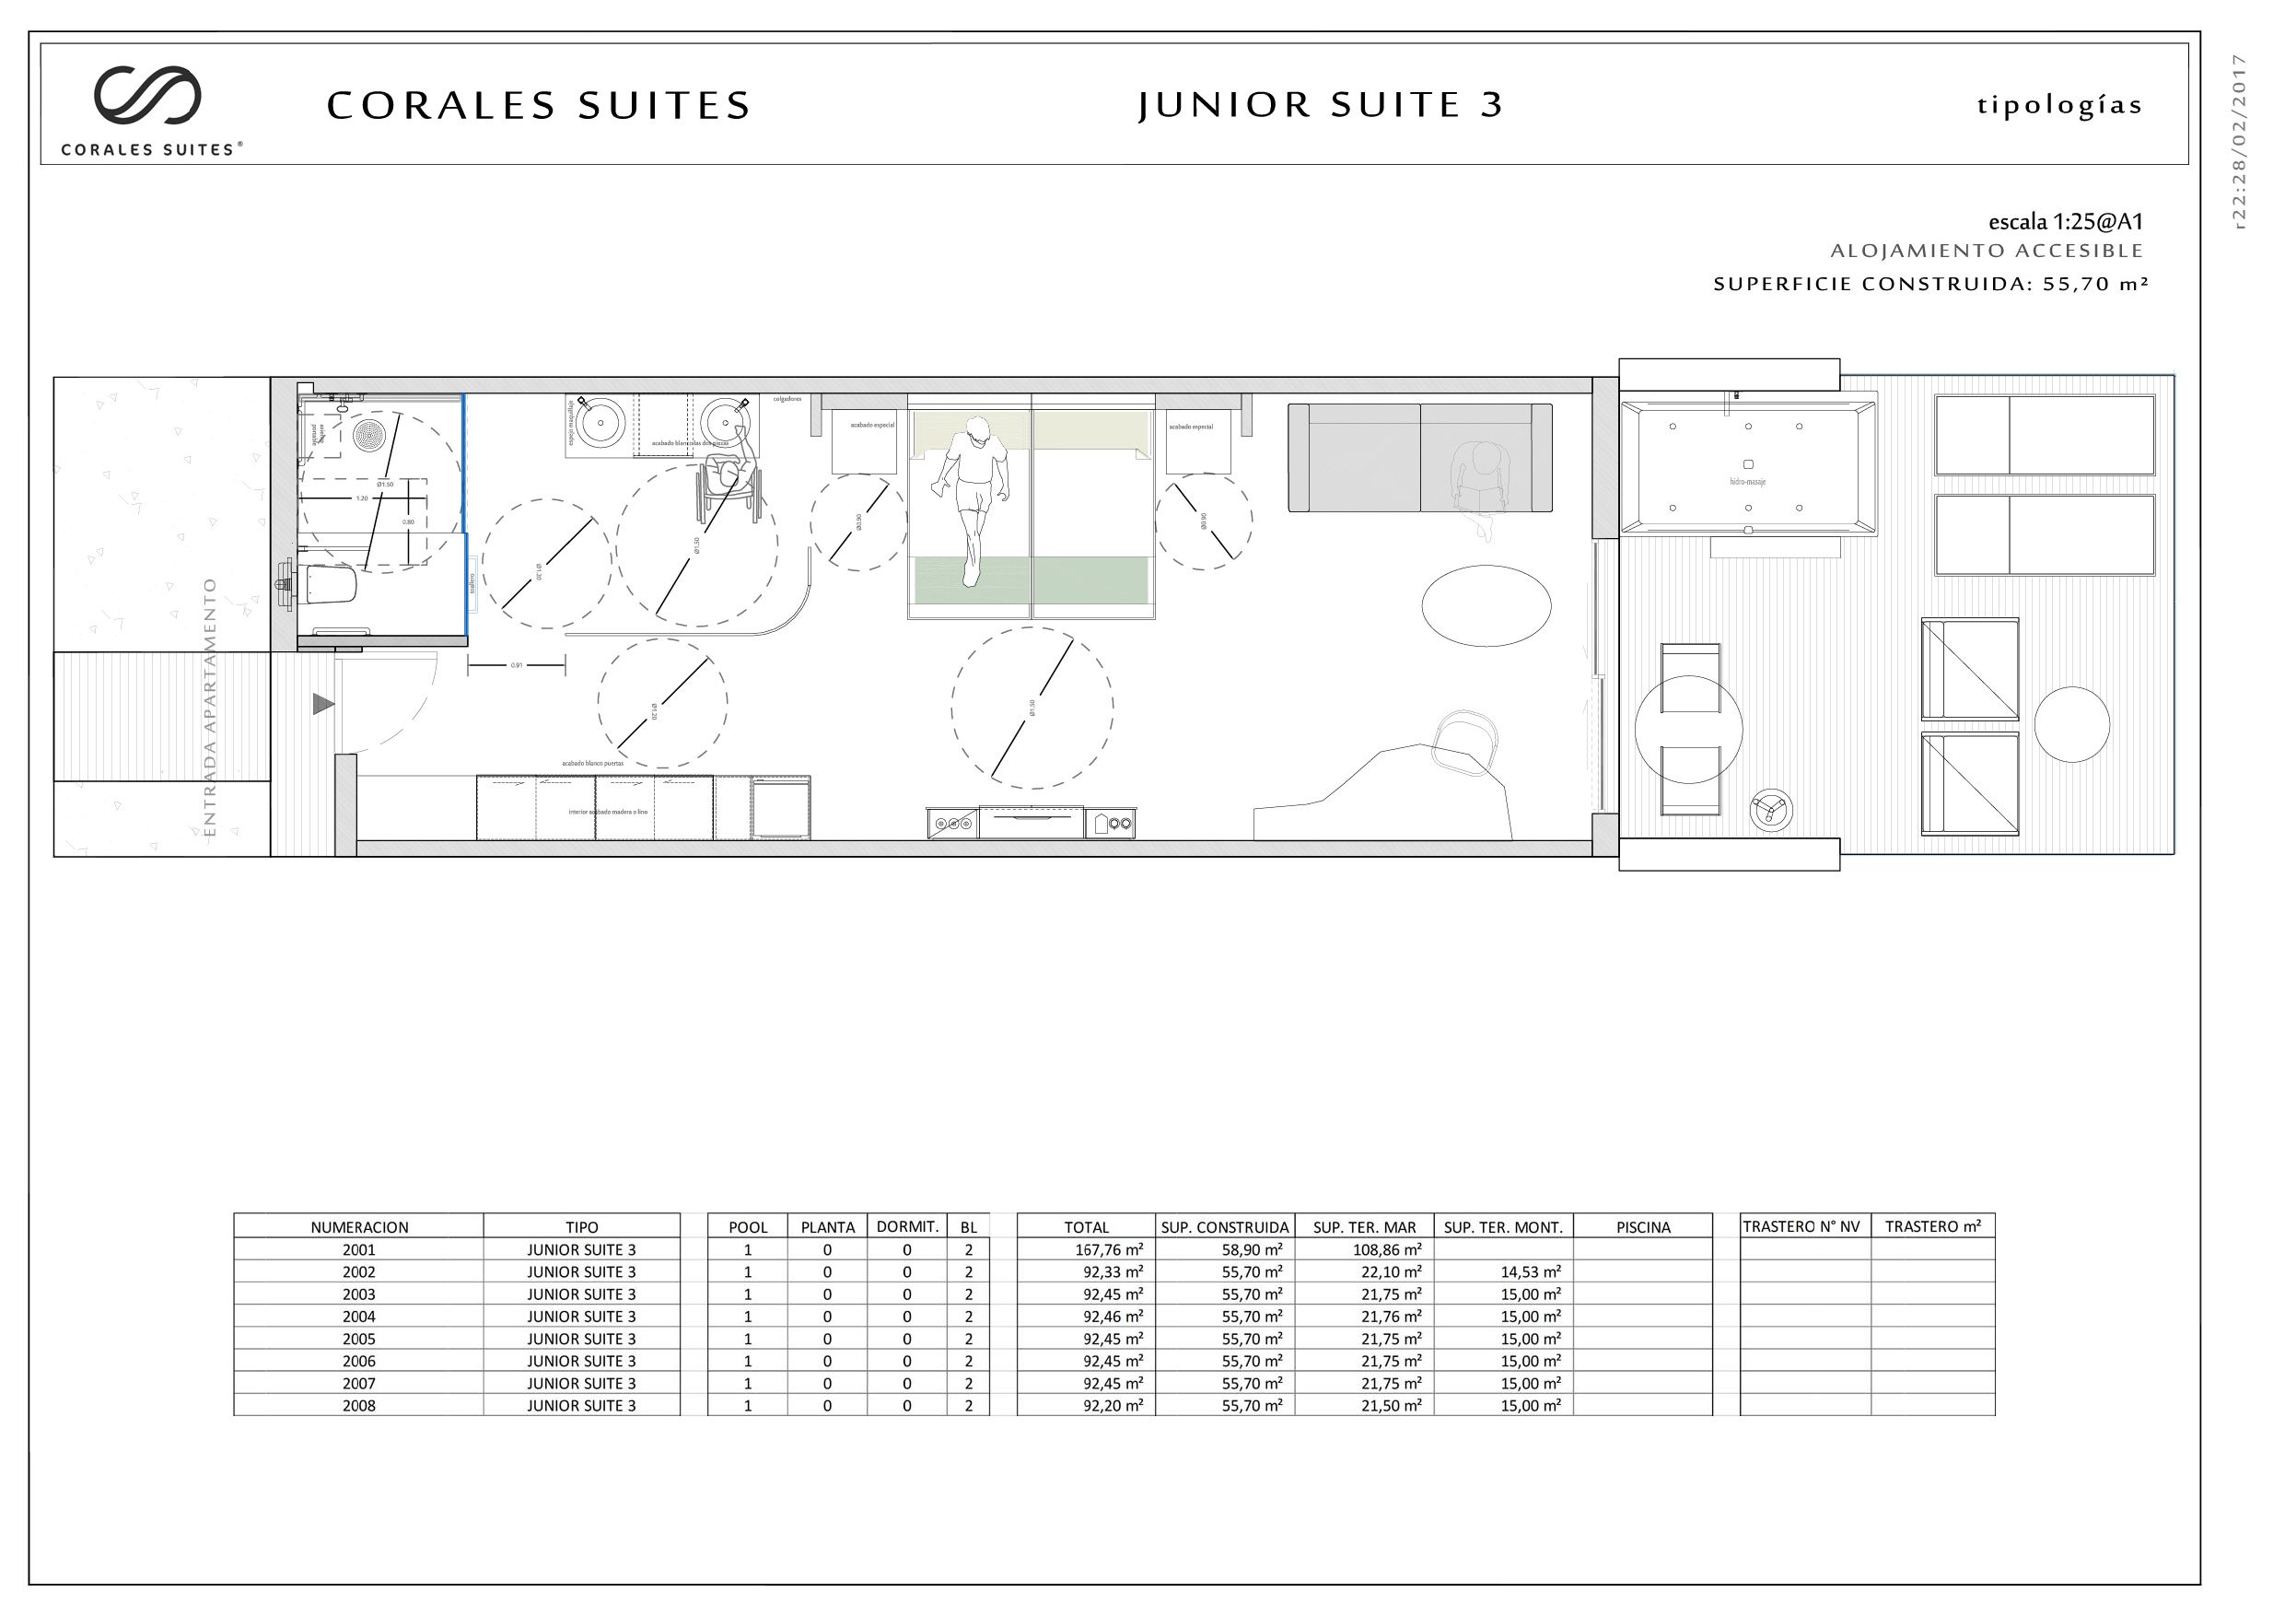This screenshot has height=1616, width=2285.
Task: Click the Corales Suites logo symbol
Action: click(147, 96)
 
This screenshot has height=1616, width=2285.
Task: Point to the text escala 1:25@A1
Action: click(2065, 222)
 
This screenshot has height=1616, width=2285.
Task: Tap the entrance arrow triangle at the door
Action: click(322, 705)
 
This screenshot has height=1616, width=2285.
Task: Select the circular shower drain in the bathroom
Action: click(369, 435)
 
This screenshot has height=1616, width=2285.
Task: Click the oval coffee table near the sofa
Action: click(1485, 606)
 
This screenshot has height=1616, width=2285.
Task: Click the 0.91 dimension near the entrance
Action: click(516, 665)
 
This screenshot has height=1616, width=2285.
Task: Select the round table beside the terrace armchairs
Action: click(2071, 725)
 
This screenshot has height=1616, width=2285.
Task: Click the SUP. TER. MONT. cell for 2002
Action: click(1530, 1271)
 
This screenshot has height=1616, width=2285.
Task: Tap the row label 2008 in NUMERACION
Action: click(358, 1406)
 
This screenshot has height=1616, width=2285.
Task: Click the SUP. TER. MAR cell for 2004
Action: click(1391, 1317)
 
